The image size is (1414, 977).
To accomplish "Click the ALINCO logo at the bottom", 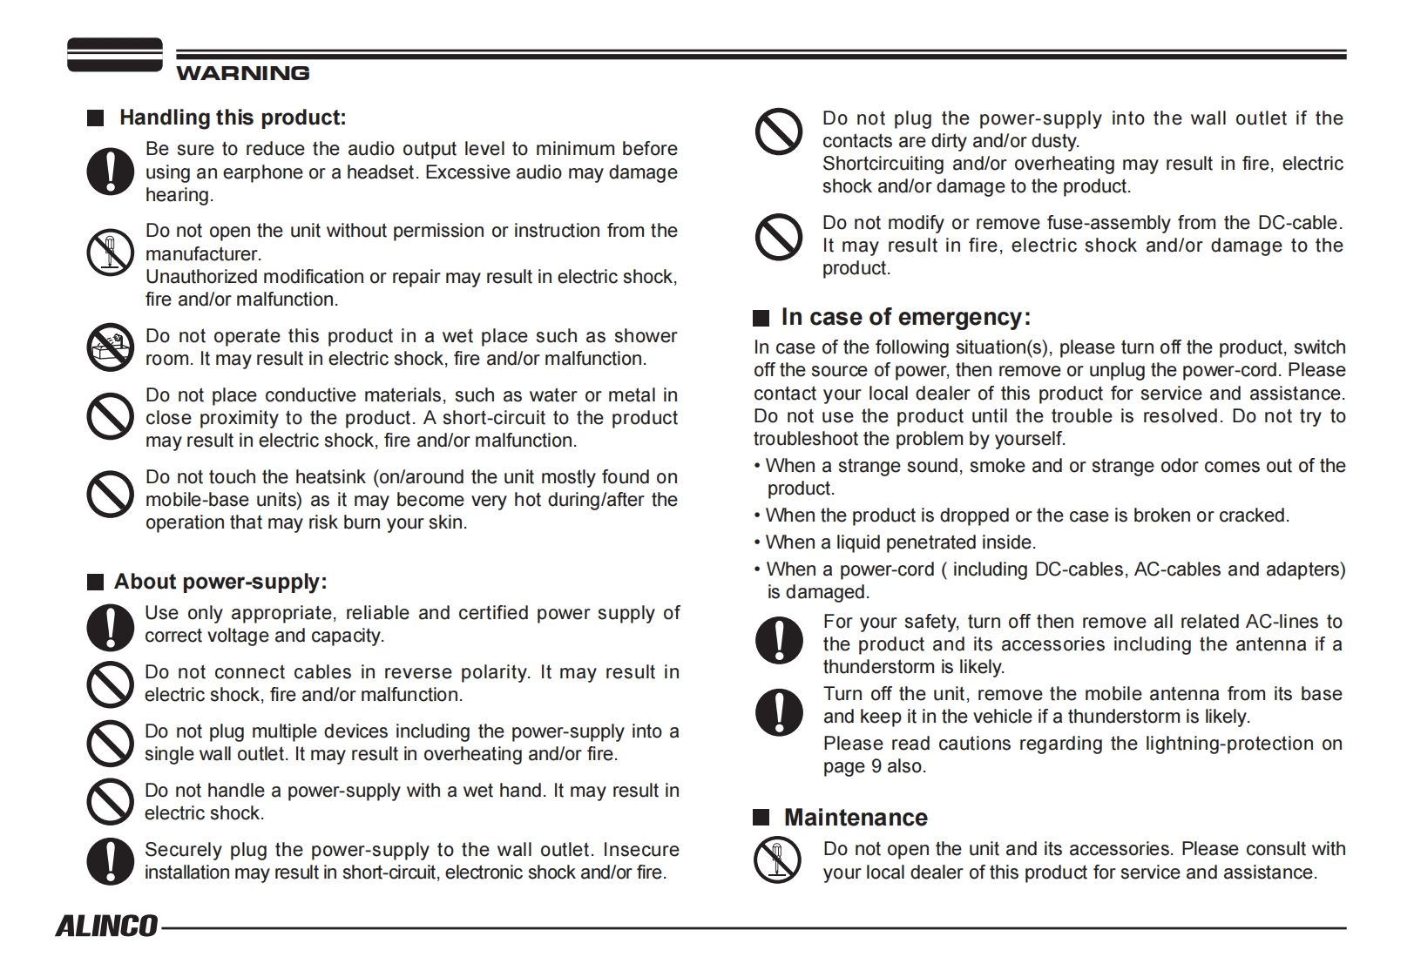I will [x=106, y=926].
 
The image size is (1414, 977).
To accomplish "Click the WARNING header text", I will [x=242, y=73].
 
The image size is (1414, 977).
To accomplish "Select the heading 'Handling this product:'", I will [x=233, y=118].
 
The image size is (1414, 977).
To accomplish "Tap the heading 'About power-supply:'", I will [x=220, y=582].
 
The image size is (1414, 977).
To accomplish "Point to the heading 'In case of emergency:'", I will [x=905, y=317].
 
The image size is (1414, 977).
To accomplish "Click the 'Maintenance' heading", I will [x=855, y=818].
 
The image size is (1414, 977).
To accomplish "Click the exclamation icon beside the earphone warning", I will [x=110, y=171].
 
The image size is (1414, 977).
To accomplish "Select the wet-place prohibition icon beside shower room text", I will [x=110, y=347].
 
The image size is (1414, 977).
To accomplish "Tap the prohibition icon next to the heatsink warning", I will [x=110, y=494].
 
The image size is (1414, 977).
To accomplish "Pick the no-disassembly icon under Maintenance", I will [x=777, y=859].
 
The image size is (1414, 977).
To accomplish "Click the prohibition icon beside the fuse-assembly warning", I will [x=778, y=237].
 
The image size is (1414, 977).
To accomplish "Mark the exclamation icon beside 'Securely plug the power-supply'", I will [x=110, y=860].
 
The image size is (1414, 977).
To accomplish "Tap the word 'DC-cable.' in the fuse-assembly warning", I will [x=1300, y=223].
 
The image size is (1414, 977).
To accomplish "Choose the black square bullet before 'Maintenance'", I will [x=761, y=817].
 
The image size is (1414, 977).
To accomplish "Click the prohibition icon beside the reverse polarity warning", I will [x=110, y=684].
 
